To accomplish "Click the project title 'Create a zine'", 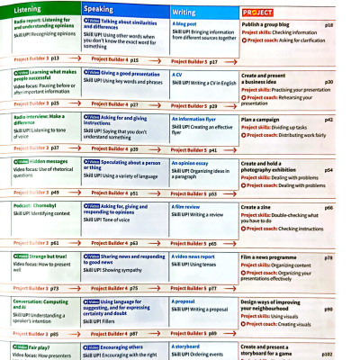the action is [260, 207].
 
